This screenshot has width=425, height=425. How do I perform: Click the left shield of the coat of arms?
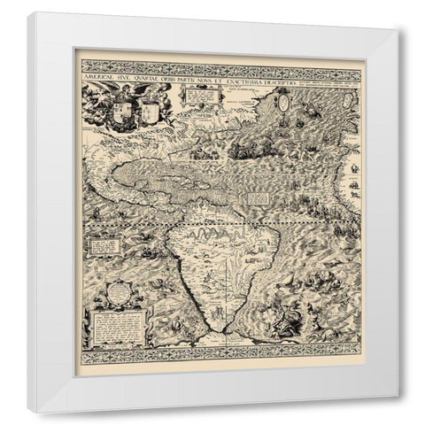point(123,111)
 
